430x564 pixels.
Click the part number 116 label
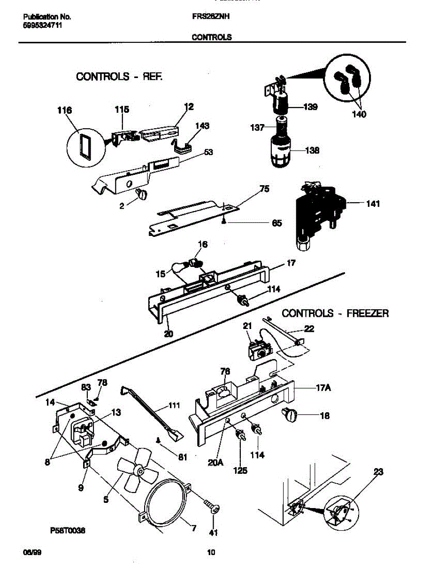pos(64,111)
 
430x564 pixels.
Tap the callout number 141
pos(373,204)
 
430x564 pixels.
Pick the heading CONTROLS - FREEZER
pos(335,313)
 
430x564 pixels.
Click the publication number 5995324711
pos(43,25)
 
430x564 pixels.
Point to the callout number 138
pos(312,150)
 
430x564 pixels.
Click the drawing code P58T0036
pos(68,531)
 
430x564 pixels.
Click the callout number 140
pos(360,114)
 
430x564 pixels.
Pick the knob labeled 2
pos(141,194)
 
